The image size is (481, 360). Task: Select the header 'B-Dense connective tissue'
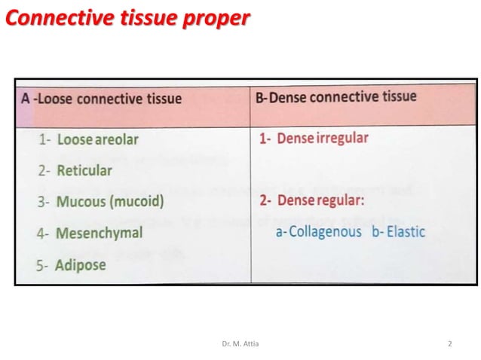tap(336, 97)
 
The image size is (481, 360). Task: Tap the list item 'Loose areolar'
tap(97, 139)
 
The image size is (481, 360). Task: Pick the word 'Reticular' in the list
tap(84, 170)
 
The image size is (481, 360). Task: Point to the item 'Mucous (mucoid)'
tap(110, 202)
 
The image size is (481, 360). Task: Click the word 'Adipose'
tap(81, 264)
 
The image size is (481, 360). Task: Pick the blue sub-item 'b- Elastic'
tap(398, 232)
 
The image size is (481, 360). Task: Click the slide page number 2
tap(450, 344)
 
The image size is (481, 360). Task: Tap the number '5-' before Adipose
tap(44, 265)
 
